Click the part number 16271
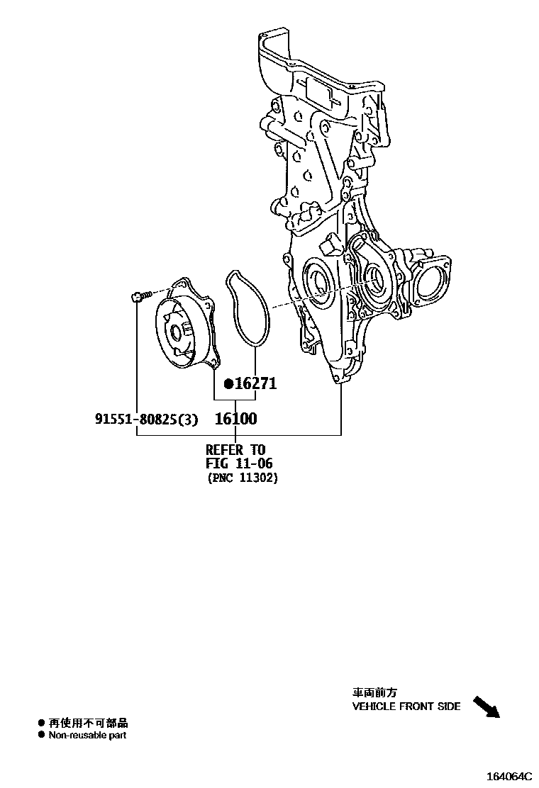pos(256,384)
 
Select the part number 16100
pos(235,419)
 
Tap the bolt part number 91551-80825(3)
pos(146,419)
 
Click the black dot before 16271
pos(228,384)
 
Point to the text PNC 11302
pos(243,478)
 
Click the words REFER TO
pos(235,449)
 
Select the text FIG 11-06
pos(239,463)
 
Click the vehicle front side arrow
pos(486,706)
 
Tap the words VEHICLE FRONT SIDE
pos(406,707)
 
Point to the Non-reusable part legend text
pos(87,736)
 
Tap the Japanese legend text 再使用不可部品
pos(88,723)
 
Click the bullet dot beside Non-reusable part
pos(41,736)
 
